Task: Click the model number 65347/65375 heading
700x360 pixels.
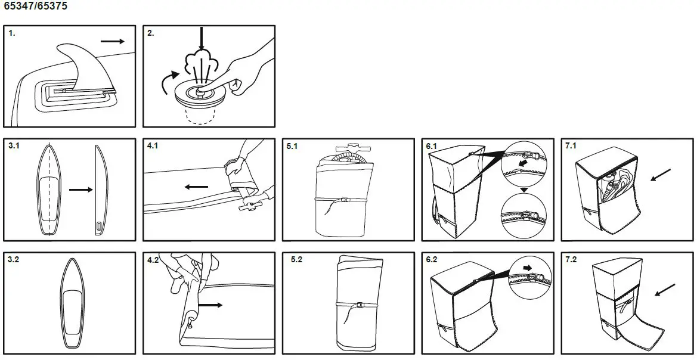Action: click(x=35, y=6)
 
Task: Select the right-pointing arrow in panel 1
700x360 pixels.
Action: click(x=113, y=42)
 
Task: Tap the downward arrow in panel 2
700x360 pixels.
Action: click(x=202, y=38)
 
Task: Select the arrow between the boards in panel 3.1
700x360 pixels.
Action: click(x=81, y=190)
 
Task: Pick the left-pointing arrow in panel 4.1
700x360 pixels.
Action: click(x=196, y=187)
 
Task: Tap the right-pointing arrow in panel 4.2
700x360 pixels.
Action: click(x=210, y=305)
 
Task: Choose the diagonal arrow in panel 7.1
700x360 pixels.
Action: click(x=661, y=175)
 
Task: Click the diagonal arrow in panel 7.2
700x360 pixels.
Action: click(x=665, y=290)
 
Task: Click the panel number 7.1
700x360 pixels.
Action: click(x=571, y=146)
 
